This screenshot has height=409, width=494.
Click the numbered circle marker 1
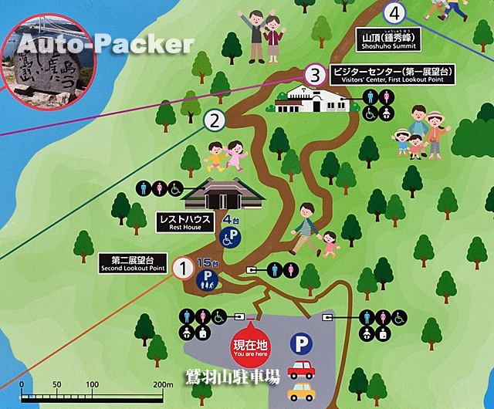point(183,269)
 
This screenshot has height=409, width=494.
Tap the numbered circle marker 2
point(215,120)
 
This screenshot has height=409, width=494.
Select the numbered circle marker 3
point(313,75)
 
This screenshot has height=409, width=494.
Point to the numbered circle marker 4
point(395,12)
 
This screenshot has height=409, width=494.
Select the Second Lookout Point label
point(132,263)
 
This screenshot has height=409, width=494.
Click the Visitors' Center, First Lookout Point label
point(392,75)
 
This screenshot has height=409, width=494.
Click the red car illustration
point(301,370)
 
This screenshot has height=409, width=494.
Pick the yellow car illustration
point(301,392)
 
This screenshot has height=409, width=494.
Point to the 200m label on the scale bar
point(162,384)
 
